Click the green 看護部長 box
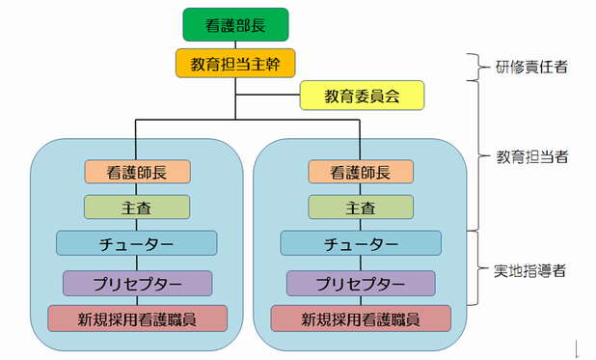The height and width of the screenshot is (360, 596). pos(235,25)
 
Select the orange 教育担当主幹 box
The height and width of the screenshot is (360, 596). pos(235,63)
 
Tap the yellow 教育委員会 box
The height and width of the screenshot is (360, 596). pos(362,96)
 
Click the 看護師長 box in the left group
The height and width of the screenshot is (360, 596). pos(137,172)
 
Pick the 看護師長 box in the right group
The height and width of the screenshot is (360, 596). pos(361,172)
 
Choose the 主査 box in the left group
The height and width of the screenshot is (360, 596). pos(137,207)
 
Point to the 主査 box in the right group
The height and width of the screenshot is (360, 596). pos(361,207)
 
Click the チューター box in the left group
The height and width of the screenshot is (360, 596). pos(137,243)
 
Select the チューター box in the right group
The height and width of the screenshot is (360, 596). pos(361,243)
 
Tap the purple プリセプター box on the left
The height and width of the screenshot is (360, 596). pos(137,283)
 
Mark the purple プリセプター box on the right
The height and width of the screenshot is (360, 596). pos(361,283)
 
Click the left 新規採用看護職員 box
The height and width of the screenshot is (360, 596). pos(137,318)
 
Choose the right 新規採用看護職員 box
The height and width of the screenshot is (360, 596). pos(361,318)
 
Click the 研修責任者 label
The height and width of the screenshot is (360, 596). pos(531,67)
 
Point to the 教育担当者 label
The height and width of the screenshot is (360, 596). pos(532,156)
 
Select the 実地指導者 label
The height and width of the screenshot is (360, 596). pos(529,271)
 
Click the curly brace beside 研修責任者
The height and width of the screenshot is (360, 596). pos(478,67)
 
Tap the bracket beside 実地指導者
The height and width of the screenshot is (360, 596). pos(477,268)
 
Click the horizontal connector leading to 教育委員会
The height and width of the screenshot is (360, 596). pos(268,95)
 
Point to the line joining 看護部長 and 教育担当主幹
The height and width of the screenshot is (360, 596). pos(235,45)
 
